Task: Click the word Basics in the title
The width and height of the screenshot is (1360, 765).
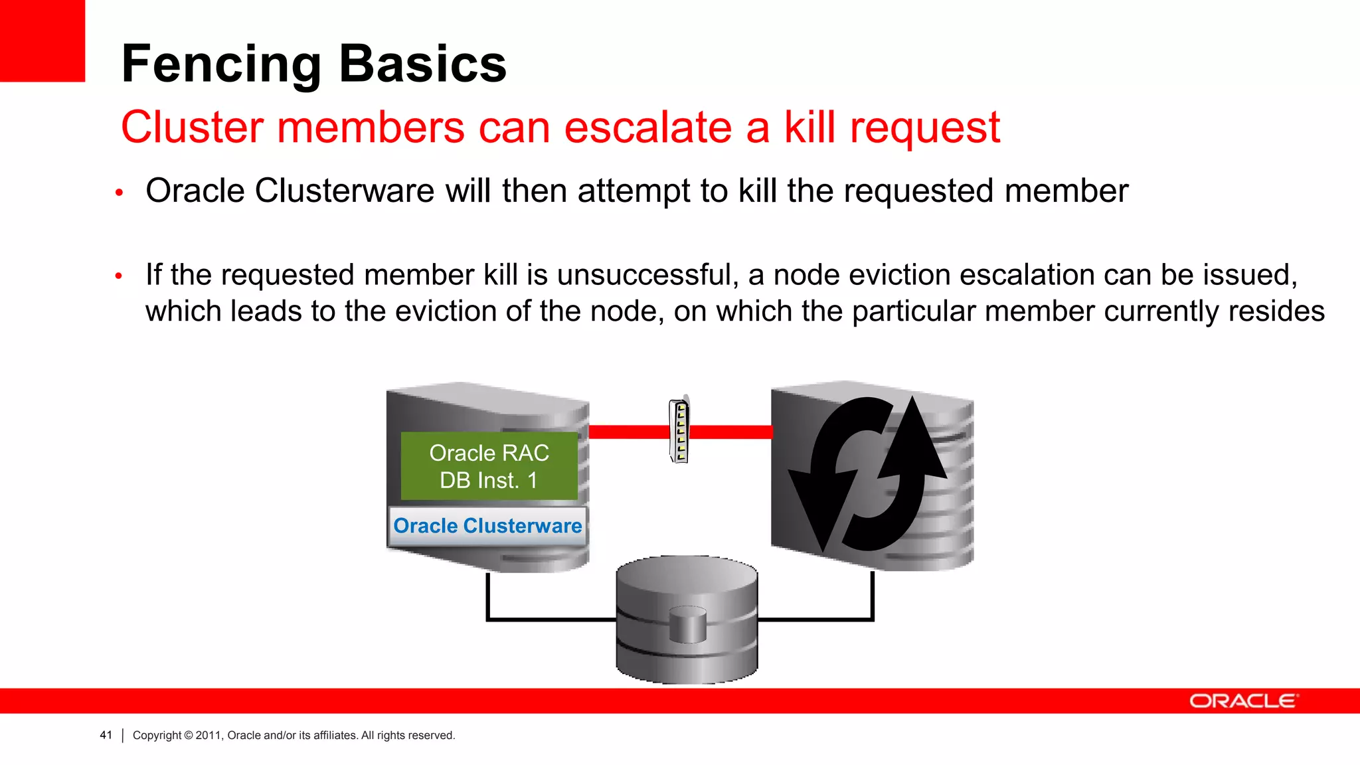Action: (423, 64)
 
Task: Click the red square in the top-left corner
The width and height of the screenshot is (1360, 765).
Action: (42, 41)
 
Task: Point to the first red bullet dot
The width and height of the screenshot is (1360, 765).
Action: (120, 193)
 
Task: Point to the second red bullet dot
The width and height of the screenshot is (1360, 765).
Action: (119, 276)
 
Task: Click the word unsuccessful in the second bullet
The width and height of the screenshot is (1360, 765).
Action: (647, 275)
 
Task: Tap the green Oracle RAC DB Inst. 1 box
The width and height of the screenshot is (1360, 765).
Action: (489, 466)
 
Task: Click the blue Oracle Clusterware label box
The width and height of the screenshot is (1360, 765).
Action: (487, 526)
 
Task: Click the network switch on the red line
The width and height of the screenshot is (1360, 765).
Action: (679, 431)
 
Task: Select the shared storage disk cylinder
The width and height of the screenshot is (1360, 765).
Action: (687, 620)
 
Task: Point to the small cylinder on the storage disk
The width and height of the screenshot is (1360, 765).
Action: (687, 624)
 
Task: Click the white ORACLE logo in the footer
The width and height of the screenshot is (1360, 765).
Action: (1243, 701)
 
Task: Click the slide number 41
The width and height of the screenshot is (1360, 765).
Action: (106, 735)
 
